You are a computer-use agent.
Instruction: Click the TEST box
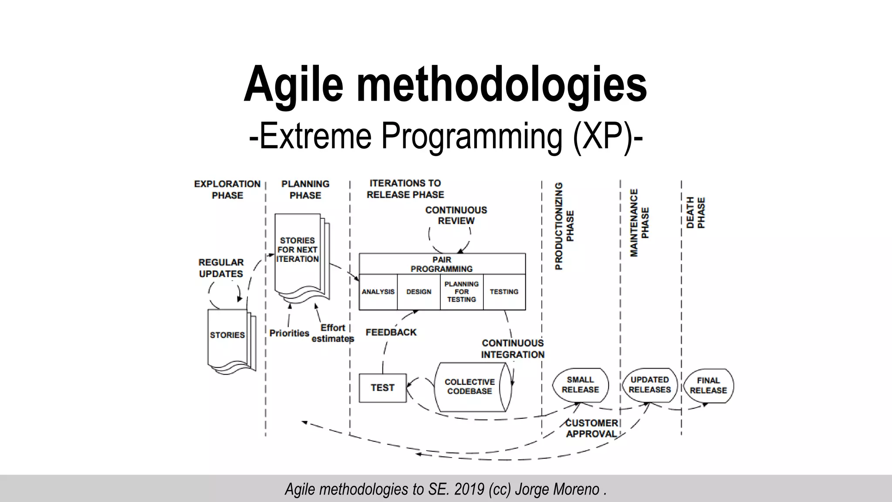(382, 388)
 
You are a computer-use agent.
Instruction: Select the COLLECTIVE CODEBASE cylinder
(470, 387)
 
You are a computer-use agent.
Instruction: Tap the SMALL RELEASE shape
(580, 385)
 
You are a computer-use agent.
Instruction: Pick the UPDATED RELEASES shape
(649, 385)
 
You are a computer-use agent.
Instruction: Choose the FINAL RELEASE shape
(708, 386)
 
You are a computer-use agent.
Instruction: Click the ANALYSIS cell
(378, 292)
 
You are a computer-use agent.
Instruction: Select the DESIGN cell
(419, 292)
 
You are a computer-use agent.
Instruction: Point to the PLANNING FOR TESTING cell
(462, 292)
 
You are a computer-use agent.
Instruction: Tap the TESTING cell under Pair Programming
(504, 292)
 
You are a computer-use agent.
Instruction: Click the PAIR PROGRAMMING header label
(442, 265)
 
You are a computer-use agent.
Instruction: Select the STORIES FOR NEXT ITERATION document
(298, 253)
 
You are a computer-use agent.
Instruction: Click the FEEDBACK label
(391, 332)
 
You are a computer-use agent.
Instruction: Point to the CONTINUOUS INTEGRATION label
(513, 349)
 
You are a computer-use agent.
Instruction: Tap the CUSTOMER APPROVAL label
(591, 428)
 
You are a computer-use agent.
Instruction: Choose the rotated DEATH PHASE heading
(696, 213)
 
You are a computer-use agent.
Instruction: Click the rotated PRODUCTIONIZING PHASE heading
(564, 226)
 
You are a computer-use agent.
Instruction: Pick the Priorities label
(289, 333)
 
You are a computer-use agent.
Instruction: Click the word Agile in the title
(294, 84)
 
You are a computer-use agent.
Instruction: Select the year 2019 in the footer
(469, 489)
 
